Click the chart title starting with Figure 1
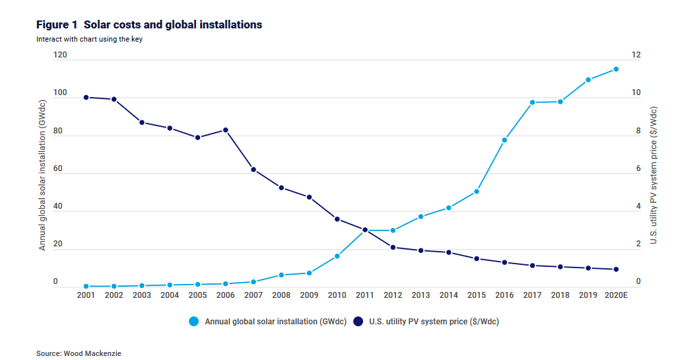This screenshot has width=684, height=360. (149, 24)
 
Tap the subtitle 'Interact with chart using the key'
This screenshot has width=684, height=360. (89, 39)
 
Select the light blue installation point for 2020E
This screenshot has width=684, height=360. (616, 69)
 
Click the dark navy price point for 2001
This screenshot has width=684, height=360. (86, 98)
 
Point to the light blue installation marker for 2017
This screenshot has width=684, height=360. (532, 102)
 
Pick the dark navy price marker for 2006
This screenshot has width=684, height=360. (225, 130)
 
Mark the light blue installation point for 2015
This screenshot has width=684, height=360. (476, 192)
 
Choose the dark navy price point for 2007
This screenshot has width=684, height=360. (254, 170)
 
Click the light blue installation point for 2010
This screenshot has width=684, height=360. (337, 256)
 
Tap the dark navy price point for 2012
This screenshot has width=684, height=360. (393, 247)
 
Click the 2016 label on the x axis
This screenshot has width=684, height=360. (504, 295)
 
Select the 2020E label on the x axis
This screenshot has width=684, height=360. (616, 295)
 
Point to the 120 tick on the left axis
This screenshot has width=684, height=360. (60, 55)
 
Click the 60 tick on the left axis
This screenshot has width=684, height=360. (58, 169)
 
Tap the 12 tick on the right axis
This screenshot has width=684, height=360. (636, 55)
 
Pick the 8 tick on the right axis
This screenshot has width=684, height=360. (638, 131)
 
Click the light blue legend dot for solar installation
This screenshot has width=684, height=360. (193, 322)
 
